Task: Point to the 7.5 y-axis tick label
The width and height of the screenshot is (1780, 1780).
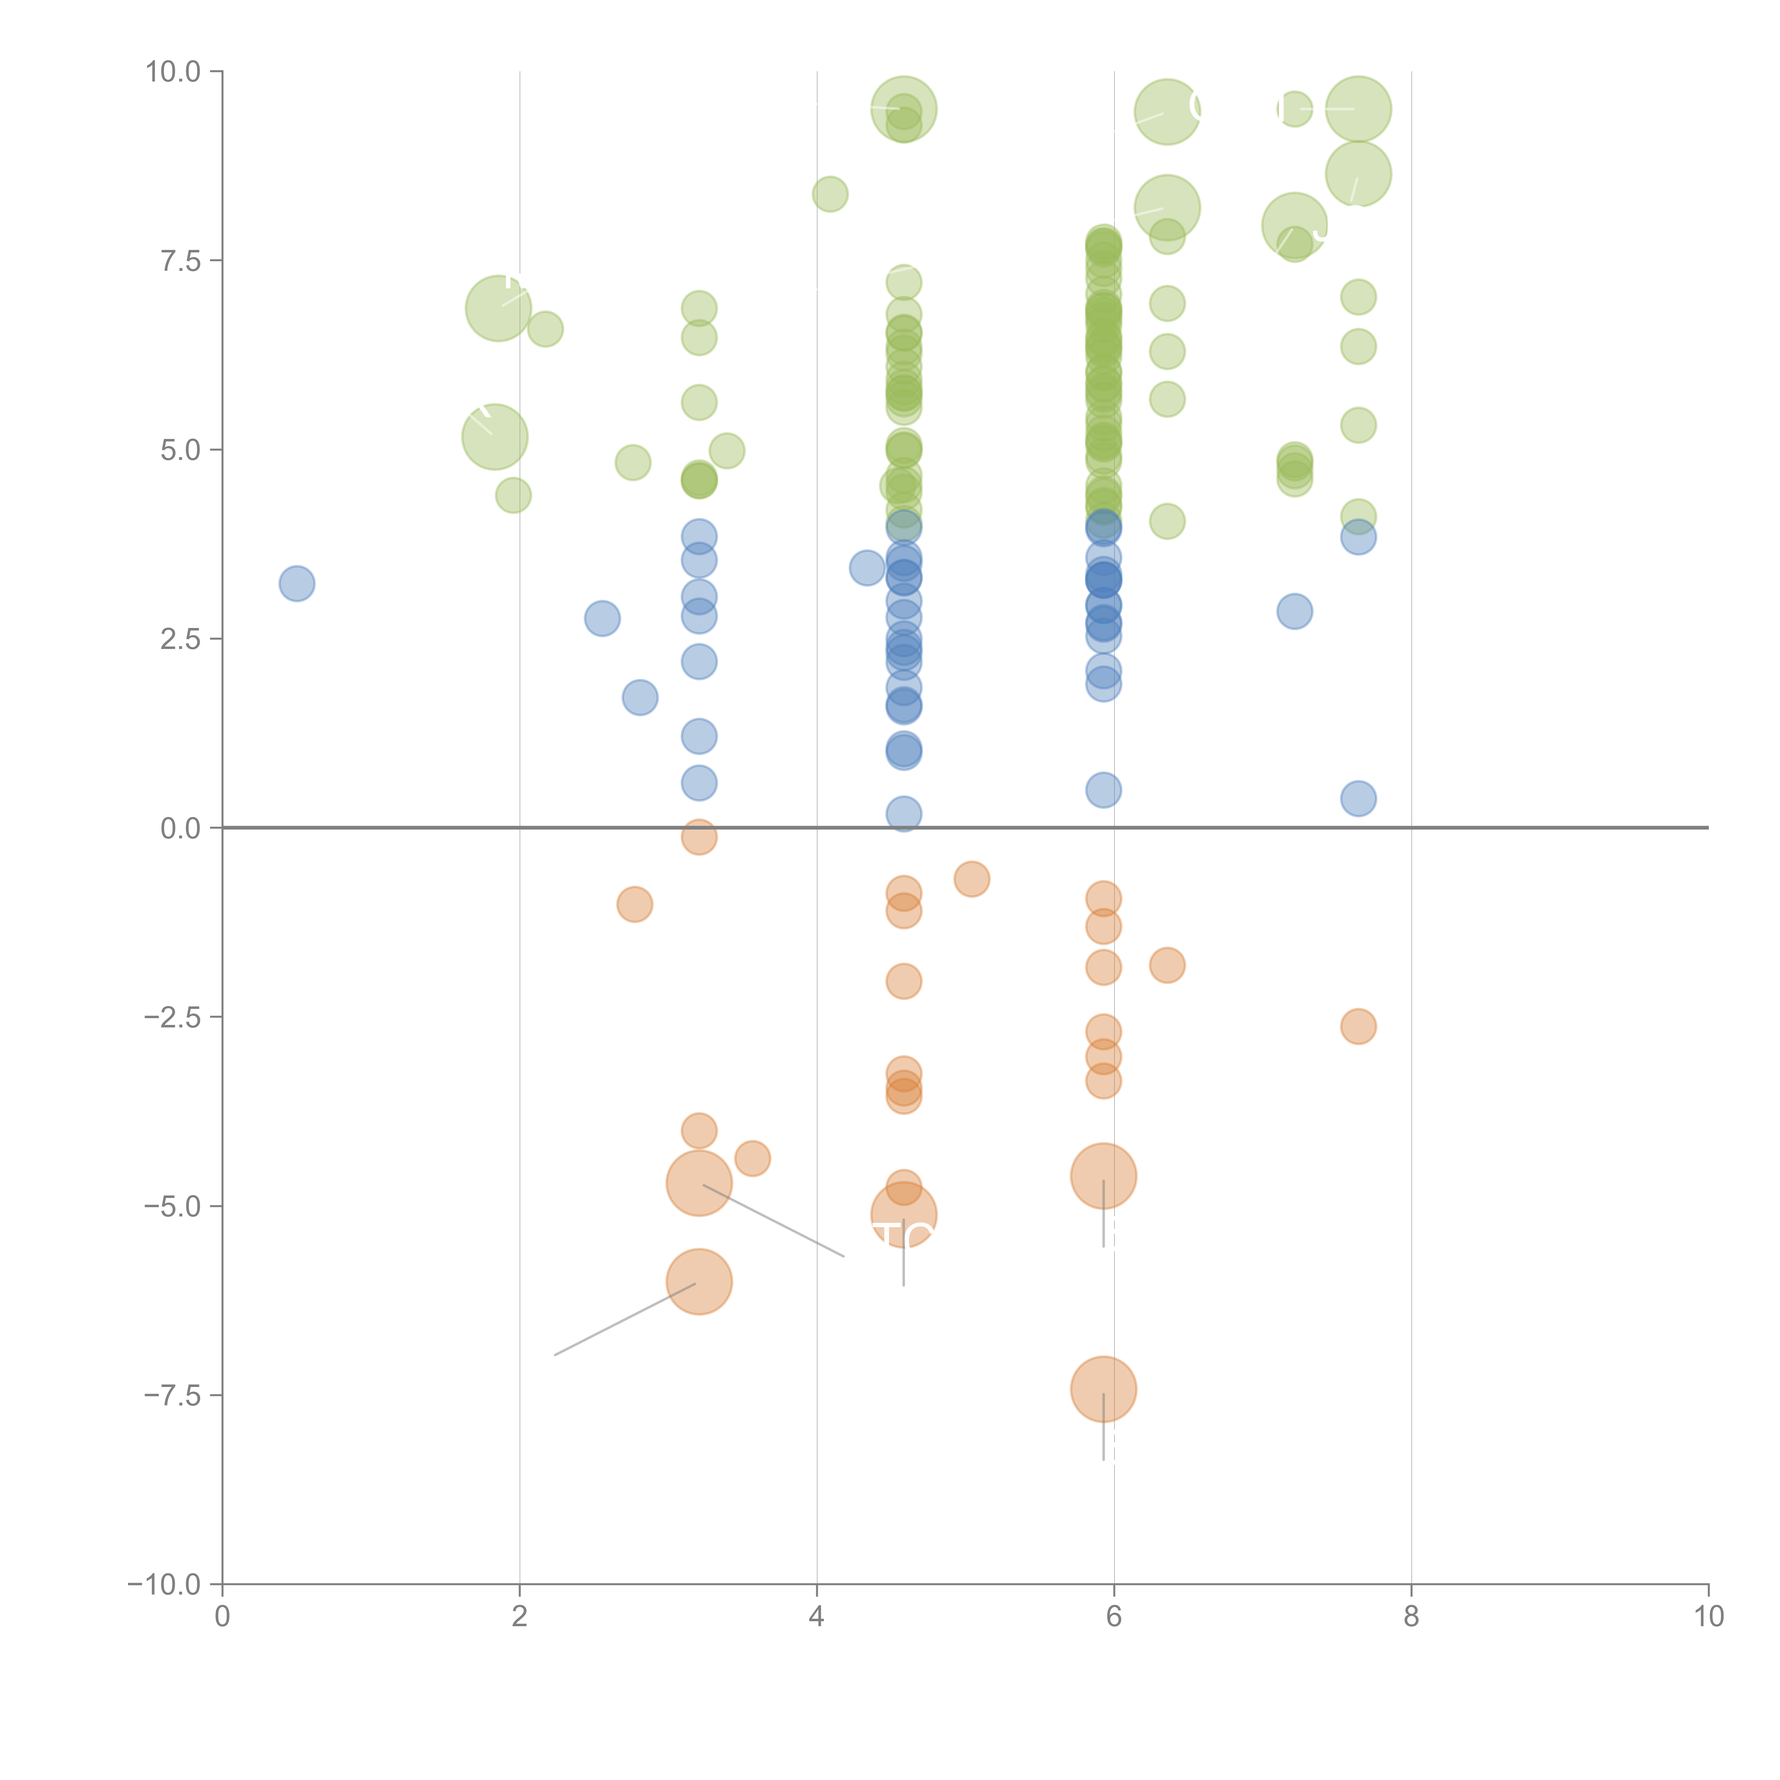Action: (180, 261)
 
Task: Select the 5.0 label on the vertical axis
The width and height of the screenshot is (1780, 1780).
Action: (180, 451)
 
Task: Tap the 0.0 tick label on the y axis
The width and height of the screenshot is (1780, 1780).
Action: (180, 828)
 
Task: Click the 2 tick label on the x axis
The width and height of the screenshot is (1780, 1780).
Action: (520, 1617)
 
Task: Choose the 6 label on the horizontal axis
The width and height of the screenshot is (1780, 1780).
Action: (1114, 1617)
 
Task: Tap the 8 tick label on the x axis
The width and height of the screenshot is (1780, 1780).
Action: (1412, 1617)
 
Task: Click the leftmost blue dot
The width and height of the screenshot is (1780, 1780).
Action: (297, 583)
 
